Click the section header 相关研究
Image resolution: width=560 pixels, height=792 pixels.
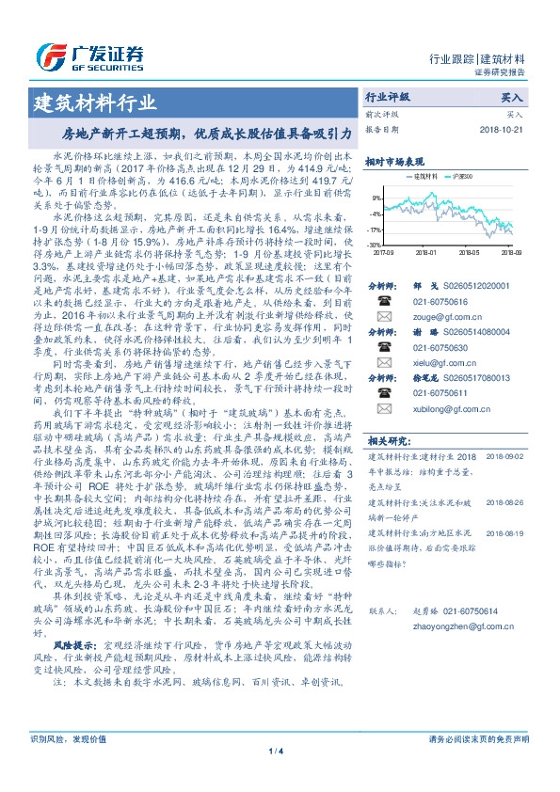click(x=387, y=467)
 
